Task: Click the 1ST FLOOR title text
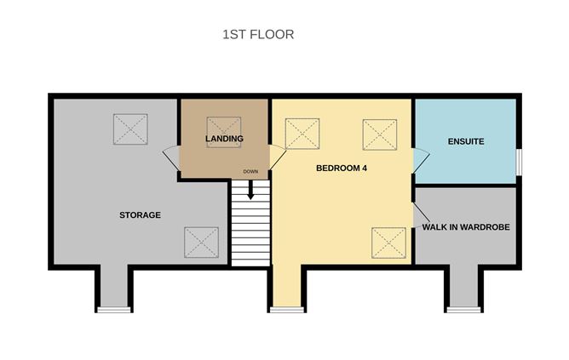click(x=258, y=35)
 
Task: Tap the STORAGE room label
click(x=140, y=215)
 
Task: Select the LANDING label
click(x=225, y=139)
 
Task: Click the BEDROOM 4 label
click(x=342, y=169)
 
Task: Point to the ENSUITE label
click(x=466, y=140)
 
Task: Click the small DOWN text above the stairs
click(x=250, y=172)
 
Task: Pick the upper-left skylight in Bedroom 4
click(x=302, y=134)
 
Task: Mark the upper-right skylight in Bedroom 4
click(x=380, y=134)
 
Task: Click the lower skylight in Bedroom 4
click(x=388, y=243)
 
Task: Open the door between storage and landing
click(x=172, y=157)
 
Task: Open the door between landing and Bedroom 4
click(x=278, y=157)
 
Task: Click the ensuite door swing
click(x=420, y=160)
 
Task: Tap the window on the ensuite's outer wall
click(x=518, y=162)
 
